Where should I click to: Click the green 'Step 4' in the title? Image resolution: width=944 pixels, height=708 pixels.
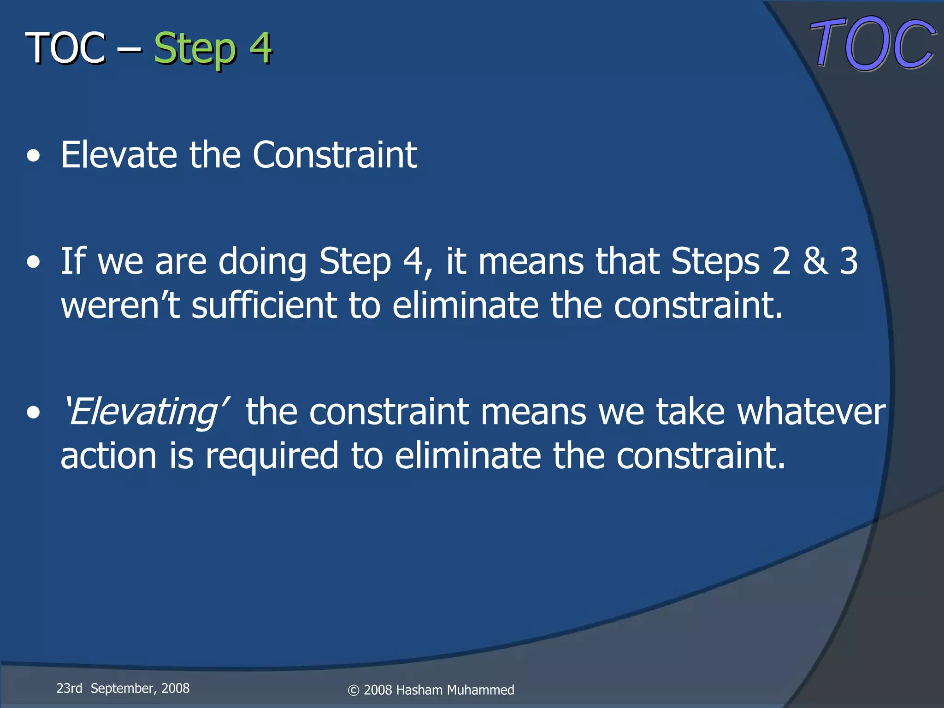(212, 48)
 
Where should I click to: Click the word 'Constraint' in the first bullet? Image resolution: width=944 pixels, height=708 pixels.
(335, 155)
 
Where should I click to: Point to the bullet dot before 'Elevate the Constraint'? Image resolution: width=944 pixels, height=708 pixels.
(33, 157)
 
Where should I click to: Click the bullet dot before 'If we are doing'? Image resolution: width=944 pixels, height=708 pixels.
(33, 263)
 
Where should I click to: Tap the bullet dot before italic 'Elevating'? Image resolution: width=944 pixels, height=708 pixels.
(33, 413)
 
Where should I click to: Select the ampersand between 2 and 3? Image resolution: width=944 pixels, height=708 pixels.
(815, 261)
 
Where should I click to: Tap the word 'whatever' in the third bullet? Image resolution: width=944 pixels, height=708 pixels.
(811, 412)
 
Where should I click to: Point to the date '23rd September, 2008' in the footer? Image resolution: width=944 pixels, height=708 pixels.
(123, 688)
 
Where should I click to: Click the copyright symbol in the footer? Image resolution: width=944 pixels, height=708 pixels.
(353, 690)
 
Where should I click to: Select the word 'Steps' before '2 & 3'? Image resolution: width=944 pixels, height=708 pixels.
(715, 261)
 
